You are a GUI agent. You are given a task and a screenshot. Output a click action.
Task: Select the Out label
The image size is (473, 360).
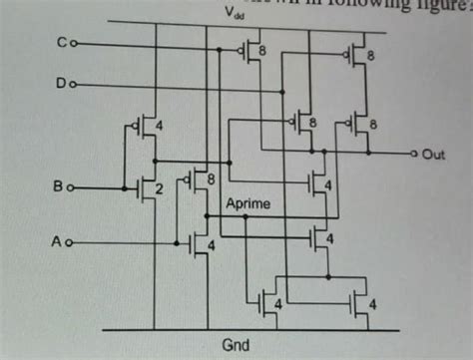pyautogui.click(x=433, y=155)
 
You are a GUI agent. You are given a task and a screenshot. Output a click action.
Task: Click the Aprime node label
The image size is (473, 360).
pyautogui.click(x=248, y=202)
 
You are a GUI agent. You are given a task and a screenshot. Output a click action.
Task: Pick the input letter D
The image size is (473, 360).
pyautogui.click(x=61, y=85)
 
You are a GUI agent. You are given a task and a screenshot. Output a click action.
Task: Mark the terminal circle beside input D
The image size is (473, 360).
pyautogui.click(x=73, y=85)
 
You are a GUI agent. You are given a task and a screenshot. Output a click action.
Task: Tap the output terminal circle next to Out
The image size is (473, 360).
pyautogui.click(x=414, y=155)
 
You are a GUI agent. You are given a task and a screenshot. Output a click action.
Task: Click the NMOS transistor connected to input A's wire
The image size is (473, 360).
pyautogui.click(x=198, y=242)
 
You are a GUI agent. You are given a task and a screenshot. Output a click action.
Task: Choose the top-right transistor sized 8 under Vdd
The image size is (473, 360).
pyautogui.click(x=357, y=55)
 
